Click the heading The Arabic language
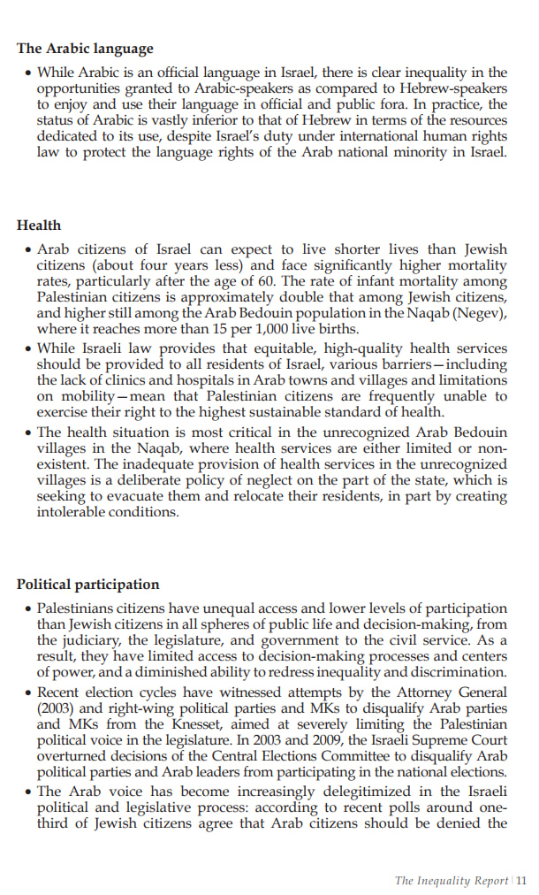85,49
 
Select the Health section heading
39,226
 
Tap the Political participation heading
88,585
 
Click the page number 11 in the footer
521,880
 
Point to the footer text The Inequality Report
452,880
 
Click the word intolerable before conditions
75,512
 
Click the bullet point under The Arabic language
28,73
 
